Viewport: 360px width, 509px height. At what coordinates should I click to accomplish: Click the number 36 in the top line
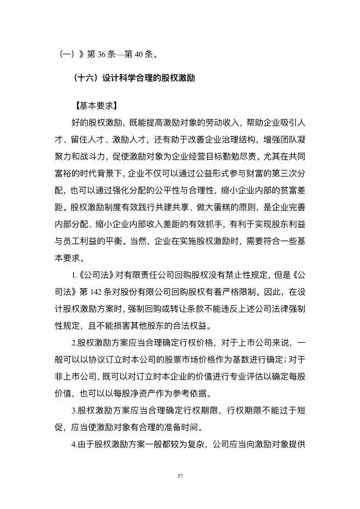pyautogui.click(x=102, y=54)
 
